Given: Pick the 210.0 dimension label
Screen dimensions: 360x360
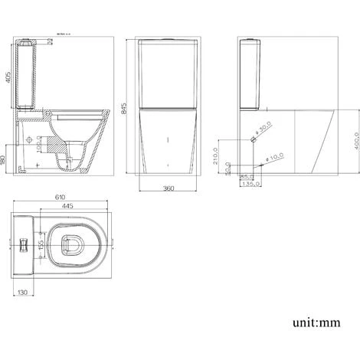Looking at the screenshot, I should (x=219, y=157).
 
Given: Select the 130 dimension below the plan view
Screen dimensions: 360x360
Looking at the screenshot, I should (x=23, y=291).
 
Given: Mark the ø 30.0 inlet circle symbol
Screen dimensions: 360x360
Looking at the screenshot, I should (x=252, y=141).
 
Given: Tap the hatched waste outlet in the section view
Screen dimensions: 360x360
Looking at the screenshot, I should (x=54, y=146).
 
